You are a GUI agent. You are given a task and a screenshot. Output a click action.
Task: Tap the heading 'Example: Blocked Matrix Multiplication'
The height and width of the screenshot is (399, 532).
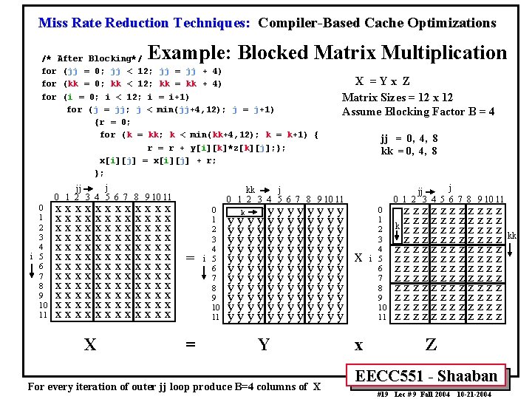click(x=328, y=53)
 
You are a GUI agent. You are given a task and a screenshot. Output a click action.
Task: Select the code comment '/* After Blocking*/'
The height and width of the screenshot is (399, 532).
click(x=93, y=58)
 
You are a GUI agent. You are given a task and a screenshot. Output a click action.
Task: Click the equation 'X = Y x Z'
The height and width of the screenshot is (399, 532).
click(x=382, y=82)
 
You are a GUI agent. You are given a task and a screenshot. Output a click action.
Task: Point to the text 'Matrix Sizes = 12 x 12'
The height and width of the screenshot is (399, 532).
click(x=398, y=98)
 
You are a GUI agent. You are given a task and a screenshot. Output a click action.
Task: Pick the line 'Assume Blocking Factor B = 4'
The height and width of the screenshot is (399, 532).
click(x=418, y=112)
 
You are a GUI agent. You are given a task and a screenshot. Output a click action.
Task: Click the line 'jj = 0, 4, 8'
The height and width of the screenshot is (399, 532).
click(x=409, y=138)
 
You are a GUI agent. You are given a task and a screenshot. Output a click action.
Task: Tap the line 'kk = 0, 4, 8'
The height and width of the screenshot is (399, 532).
click(x=409, y=151)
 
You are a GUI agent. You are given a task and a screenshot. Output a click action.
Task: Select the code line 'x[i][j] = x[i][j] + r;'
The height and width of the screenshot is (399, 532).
click(x=157, y=160)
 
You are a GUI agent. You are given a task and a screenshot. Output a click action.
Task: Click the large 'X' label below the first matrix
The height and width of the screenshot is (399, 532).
click(x=89, y=344)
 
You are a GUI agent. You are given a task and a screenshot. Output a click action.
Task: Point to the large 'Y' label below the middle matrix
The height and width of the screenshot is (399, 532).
click(x=263, y=344)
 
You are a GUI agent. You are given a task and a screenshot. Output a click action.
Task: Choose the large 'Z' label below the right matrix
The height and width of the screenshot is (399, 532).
click(x=431, y=344)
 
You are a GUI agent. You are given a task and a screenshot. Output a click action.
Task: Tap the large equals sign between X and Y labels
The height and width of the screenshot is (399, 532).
click(x=190, y=344)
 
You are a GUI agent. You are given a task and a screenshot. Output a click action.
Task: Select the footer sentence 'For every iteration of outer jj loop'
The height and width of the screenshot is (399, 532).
click(x=174, y=386)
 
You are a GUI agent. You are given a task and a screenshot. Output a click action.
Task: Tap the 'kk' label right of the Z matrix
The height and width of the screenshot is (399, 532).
click(x=512, y=236)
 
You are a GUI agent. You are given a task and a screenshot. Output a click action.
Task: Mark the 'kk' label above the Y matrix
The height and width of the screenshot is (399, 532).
click(x=250, y=190)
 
